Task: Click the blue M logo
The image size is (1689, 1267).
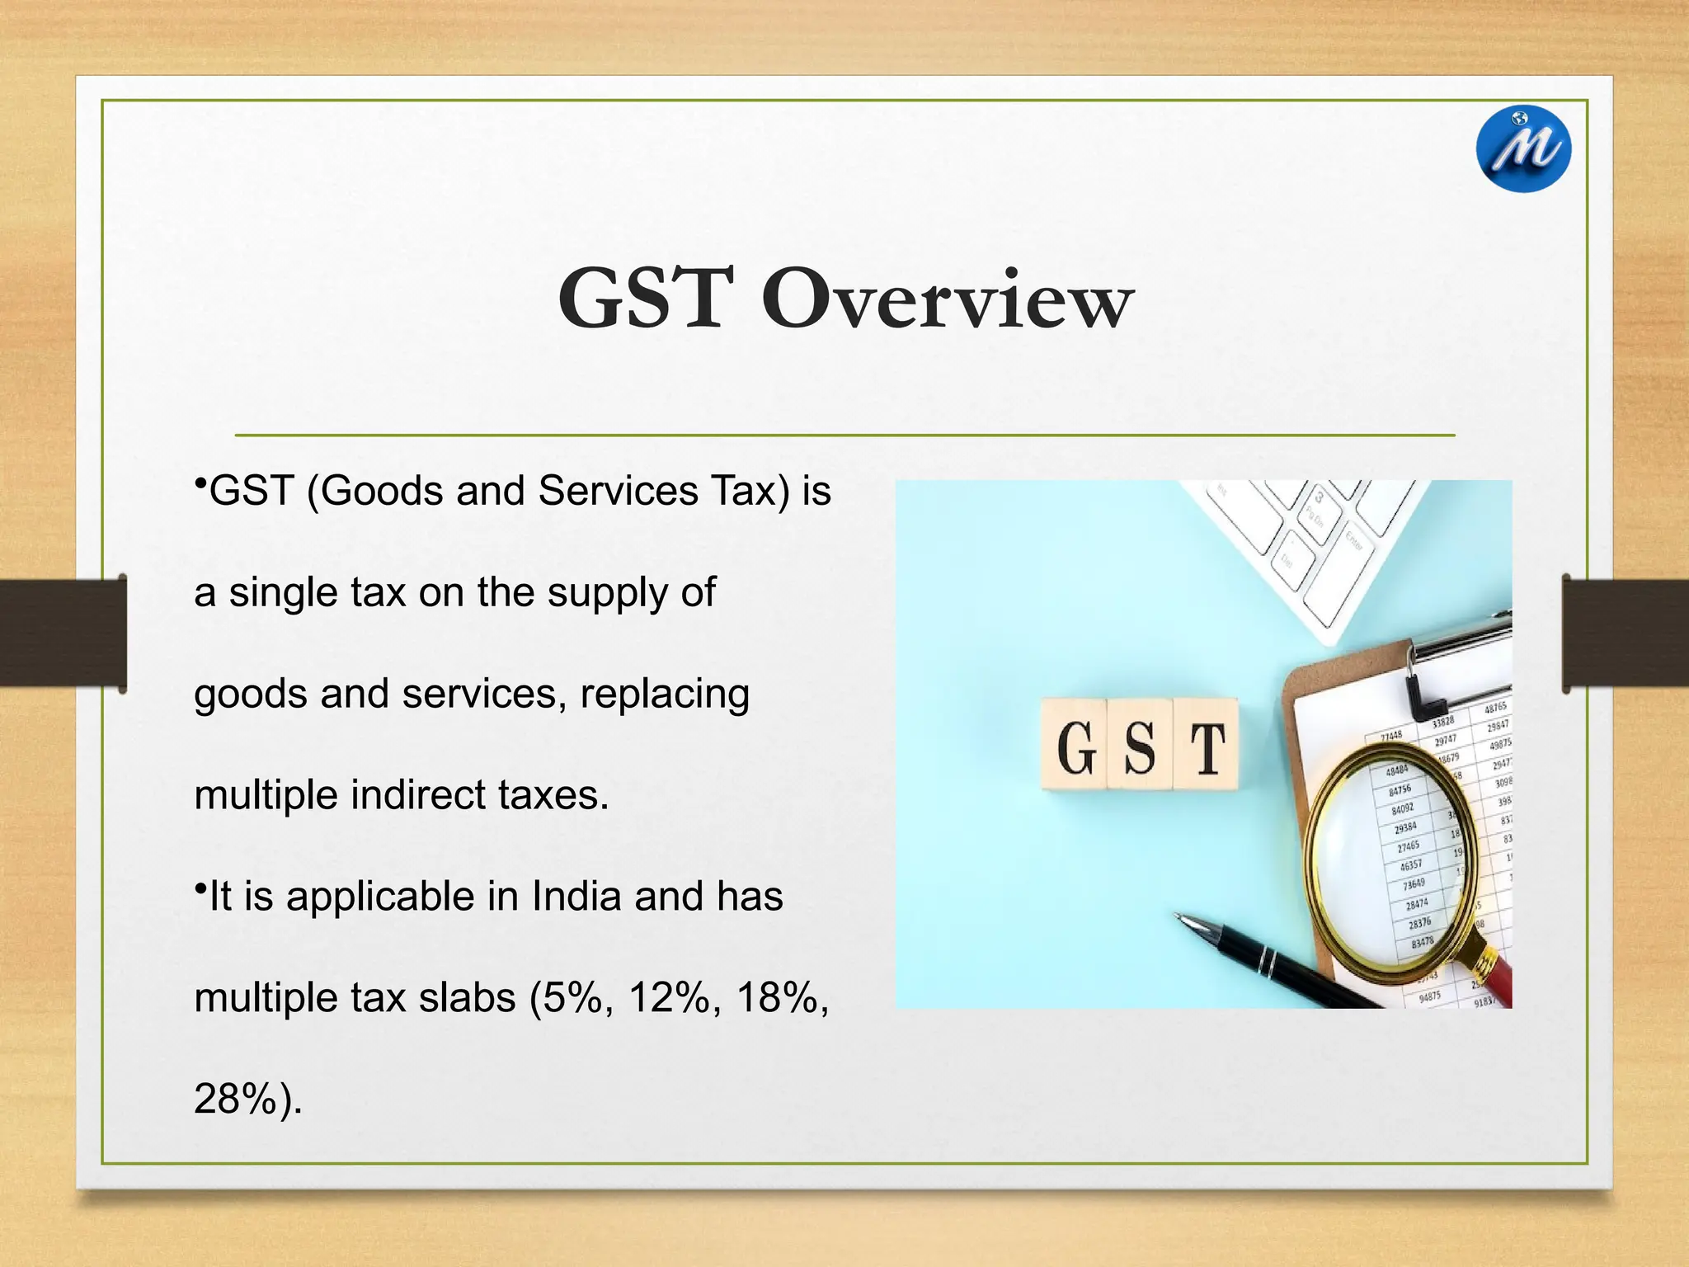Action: pos(1523,149)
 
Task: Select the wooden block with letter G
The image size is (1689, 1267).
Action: pos(1074,745)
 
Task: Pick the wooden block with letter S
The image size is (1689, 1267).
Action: pos(1140,745)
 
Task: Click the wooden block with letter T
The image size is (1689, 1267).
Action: pos(1206,745)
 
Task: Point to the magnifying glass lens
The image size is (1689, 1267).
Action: pos(1386,858)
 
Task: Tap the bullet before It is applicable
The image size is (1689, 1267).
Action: pos(200,887)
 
